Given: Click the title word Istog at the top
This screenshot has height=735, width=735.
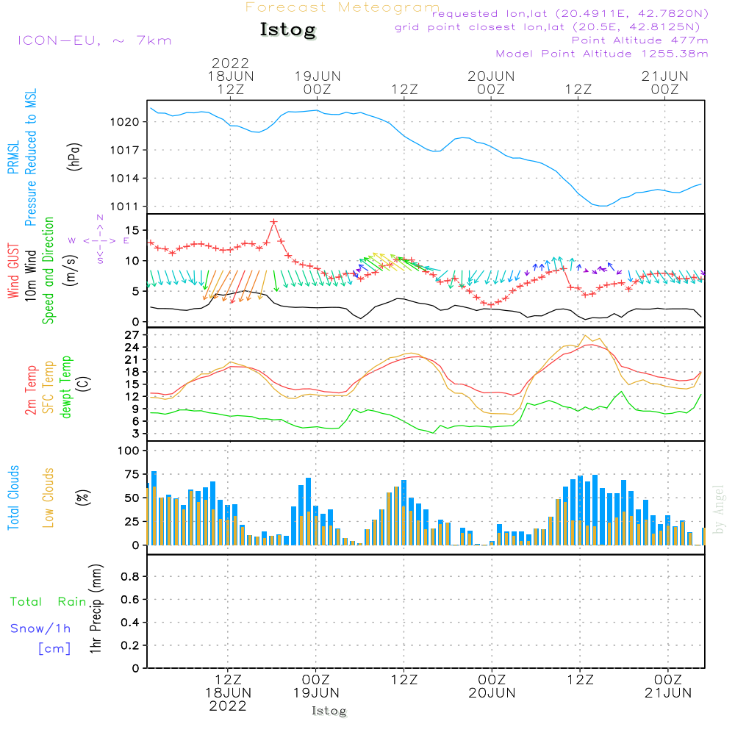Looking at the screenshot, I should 287,30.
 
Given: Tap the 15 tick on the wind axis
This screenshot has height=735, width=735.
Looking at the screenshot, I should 131,230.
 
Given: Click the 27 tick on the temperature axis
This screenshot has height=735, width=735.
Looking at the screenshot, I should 131,334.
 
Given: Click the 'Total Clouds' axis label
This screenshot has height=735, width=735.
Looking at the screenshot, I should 14,498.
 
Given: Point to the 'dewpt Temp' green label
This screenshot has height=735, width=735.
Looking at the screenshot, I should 66,387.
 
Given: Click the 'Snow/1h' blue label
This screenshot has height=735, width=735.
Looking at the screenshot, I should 40,628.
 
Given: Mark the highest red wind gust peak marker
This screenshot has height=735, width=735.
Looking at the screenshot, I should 273,221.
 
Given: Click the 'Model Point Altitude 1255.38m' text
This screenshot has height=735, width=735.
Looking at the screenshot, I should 602,54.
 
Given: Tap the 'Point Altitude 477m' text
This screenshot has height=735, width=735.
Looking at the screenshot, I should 639,40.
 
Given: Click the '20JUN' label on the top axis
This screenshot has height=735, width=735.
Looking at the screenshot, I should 491,76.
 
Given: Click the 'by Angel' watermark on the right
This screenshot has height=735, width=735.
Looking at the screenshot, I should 720,509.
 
